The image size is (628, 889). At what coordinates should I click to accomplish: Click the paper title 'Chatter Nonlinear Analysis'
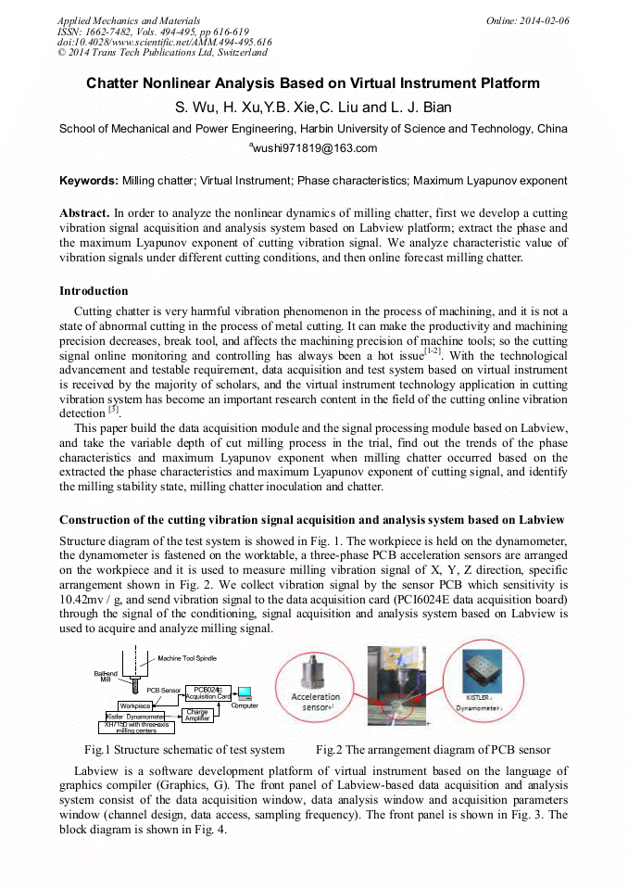tap(313, 83)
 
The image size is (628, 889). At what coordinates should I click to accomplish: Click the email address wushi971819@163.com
tap(313, 148)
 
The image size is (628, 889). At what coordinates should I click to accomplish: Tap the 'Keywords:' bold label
tap(89, 181)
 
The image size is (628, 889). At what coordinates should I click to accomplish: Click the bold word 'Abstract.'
tap(84, 212)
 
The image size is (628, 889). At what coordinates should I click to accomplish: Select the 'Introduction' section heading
tap(94, 290)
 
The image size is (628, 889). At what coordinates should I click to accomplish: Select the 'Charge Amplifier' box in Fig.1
tap(196, 715)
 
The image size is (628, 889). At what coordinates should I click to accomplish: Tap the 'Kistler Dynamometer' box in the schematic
tap(135, 717)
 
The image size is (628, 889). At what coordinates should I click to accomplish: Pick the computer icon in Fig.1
tap(245, 692)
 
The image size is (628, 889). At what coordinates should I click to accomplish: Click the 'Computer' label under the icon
tap(245, 705)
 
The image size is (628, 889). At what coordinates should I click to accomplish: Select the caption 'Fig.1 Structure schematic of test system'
tap(183, 749)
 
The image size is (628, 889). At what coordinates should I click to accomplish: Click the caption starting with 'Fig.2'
tap(433, 749)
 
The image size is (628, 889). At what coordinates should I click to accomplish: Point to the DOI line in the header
tap(165, 42)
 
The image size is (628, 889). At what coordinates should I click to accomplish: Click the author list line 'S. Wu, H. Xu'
tap(313, 108)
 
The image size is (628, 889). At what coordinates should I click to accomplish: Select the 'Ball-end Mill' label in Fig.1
tap(105, 676)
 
